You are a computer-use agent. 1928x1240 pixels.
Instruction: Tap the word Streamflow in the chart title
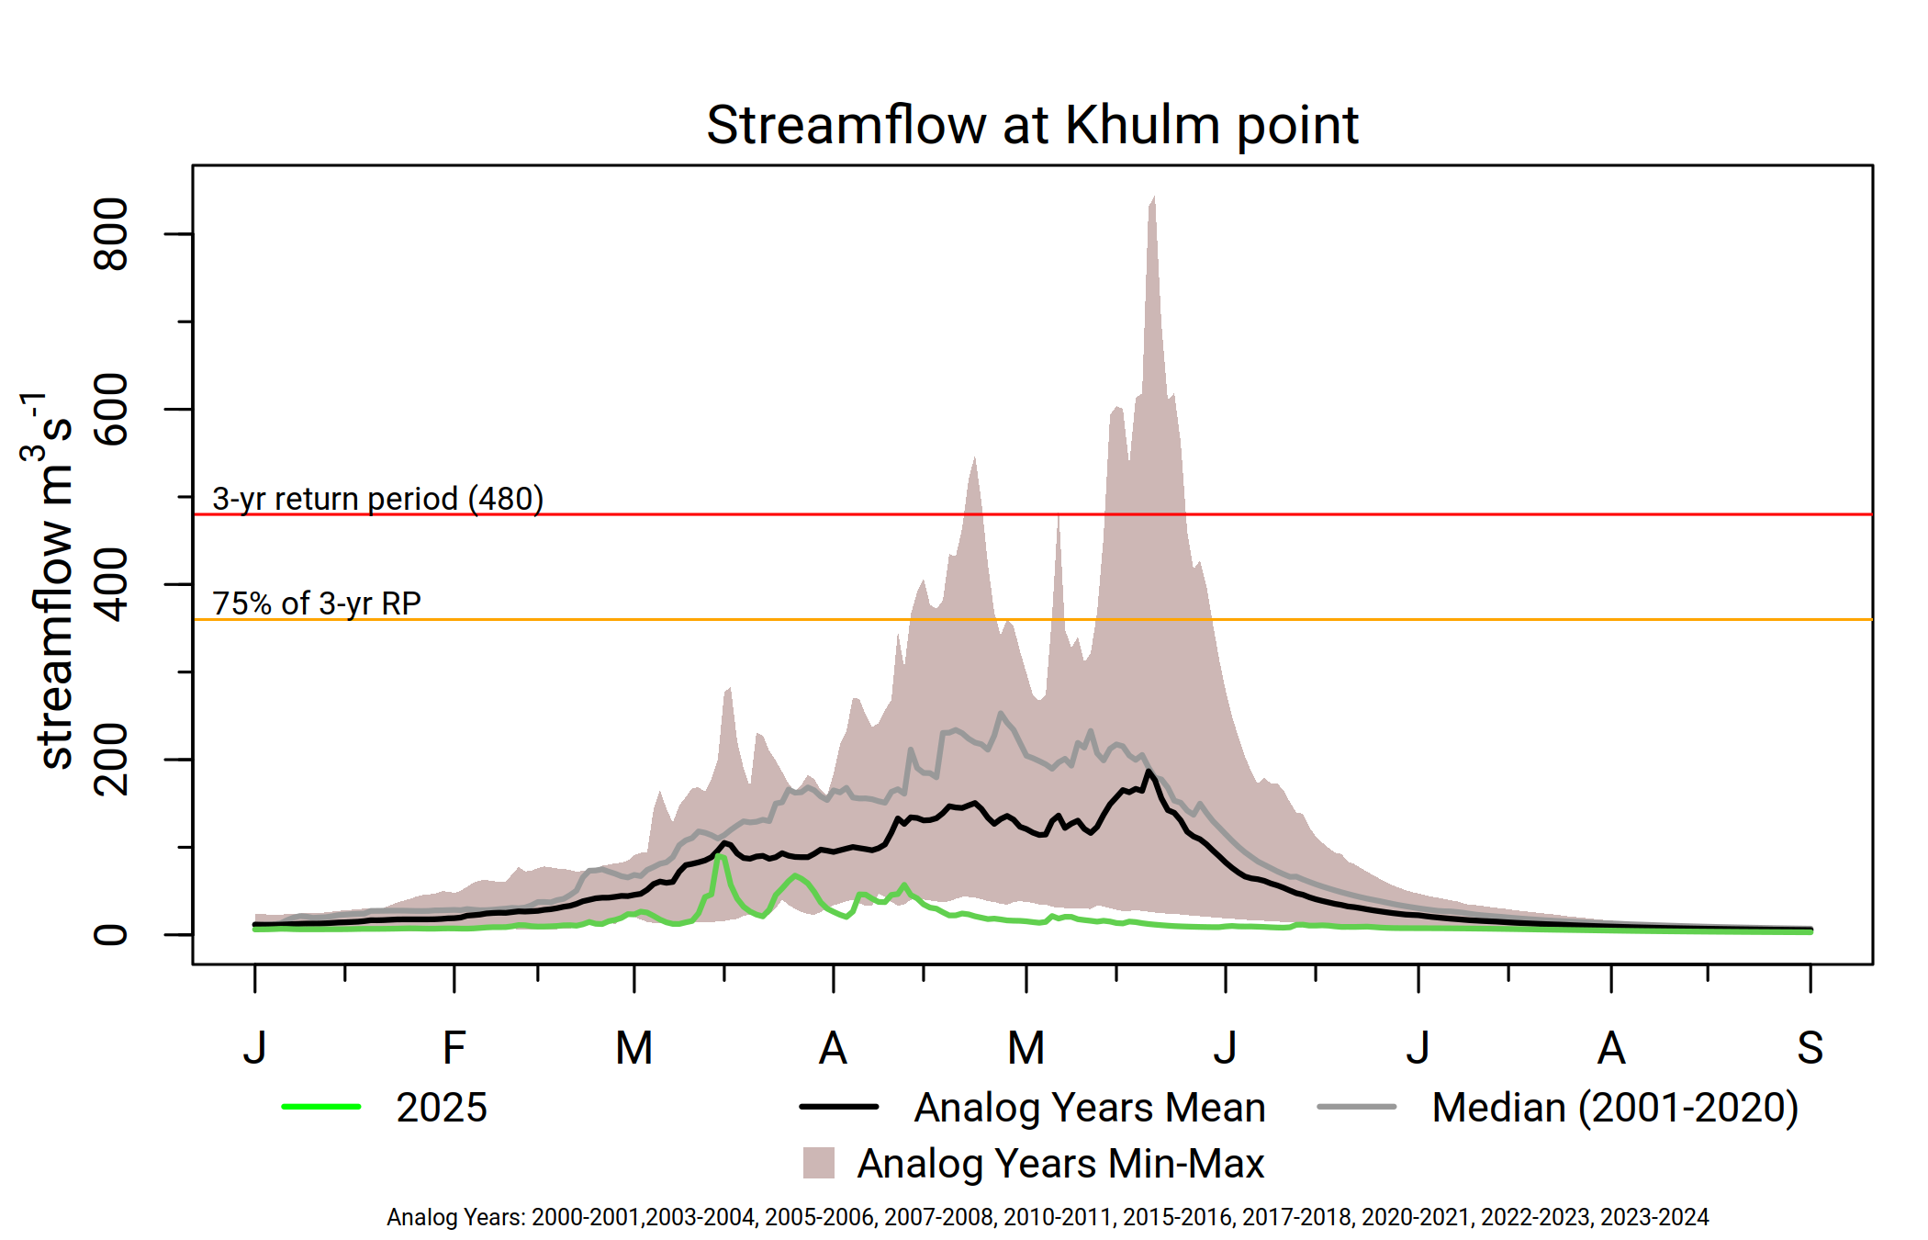pos(845,125)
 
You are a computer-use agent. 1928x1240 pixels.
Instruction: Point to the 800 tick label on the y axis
pos(112,234)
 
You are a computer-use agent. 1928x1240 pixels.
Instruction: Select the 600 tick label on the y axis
pos(112,410)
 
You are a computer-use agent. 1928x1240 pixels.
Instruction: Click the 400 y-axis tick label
pos(112,584)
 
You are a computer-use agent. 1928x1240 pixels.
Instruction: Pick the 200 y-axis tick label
pos(112,760)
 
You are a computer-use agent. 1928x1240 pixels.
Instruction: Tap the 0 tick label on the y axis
pos(112,935)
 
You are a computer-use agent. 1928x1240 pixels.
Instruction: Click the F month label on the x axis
pos(454,1048)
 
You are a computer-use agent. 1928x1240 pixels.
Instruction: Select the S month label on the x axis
pos(1810,1048)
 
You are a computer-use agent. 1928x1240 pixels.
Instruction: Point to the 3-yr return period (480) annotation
pos(377,499)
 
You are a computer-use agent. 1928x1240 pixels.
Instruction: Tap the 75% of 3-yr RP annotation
pos(317,603)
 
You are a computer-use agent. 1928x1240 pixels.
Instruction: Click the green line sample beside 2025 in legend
pos(321,1107)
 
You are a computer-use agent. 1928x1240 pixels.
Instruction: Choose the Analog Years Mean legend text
pos(1090,1108)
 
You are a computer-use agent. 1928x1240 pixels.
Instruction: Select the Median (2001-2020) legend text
pos(1615,1108)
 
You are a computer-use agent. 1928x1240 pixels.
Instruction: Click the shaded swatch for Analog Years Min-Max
pos(818,1163)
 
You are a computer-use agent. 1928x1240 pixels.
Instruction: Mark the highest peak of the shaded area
pos(1153,197)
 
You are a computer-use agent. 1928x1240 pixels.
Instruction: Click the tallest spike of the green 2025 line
pos(721,857)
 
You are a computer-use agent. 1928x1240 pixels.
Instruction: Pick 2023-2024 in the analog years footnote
pos(1654,1217)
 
